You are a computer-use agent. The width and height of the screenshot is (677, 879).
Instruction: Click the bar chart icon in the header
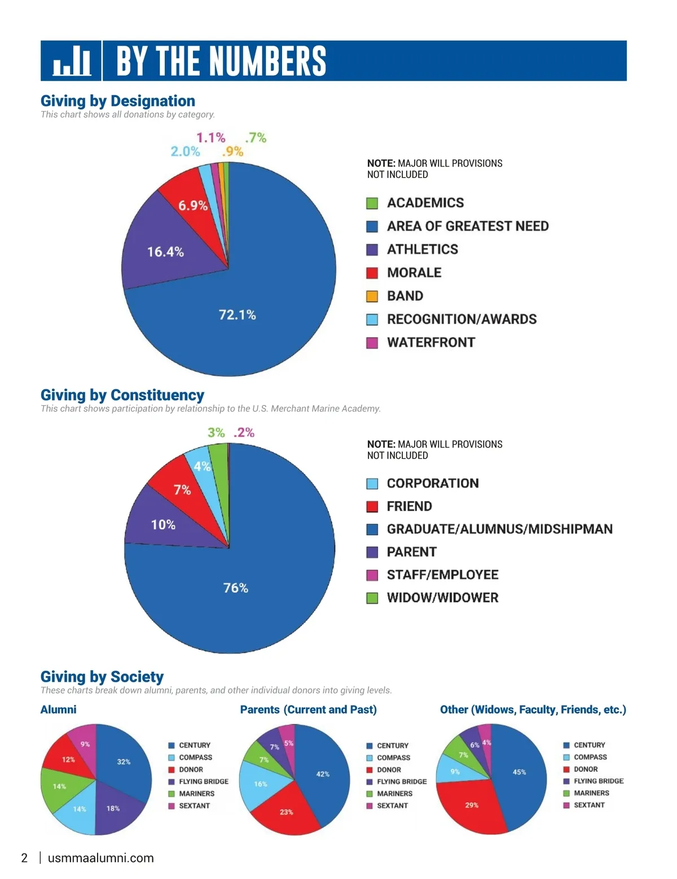[72, 61]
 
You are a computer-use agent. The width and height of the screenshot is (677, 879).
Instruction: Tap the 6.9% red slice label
[193, 205]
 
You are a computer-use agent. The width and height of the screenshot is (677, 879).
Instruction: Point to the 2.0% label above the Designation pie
[185, 151]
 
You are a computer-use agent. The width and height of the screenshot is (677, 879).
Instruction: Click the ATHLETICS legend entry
[422, 249]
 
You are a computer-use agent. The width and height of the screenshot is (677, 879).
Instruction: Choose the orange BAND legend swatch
[372, 296]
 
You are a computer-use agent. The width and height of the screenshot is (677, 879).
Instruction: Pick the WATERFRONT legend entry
[430, 342]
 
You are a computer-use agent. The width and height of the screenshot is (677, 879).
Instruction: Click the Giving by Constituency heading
[122, 395]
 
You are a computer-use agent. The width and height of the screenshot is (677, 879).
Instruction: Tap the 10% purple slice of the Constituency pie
[163, 525]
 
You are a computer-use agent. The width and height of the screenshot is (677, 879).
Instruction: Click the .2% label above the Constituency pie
[244, 433]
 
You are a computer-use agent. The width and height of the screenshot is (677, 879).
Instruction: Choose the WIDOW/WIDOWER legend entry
[442, 598]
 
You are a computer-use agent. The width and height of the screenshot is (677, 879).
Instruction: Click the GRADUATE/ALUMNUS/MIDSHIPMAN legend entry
[499, 529]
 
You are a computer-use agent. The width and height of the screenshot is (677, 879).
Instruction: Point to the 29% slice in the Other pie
[472, 805]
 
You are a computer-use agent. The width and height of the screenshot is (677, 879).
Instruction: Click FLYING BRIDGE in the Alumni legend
[204, 781]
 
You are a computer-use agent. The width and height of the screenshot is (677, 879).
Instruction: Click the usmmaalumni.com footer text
[101, 858]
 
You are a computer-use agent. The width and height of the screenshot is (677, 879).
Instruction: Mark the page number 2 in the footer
[24, 858]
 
